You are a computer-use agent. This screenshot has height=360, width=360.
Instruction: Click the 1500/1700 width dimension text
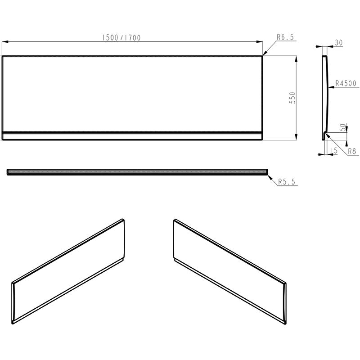point(121,38)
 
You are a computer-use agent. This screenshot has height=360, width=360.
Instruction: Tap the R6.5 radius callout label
point(285,37)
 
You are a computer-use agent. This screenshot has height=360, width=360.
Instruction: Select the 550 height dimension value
point(292,98)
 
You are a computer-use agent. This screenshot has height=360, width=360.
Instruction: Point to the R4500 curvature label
point(346,83)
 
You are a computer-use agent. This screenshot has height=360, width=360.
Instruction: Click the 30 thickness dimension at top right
point(339,43)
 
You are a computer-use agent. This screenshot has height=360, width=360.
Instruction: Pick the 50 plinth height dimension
point(342,127)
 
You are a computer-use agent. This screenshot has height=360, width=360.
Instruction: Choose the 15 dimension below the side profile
point(333,151)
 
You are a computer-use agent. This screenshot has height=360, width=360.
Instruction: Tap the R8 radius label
point(352,151)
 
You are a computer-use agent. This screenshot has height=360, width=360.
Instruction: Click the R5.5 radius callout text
point(287,182)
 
